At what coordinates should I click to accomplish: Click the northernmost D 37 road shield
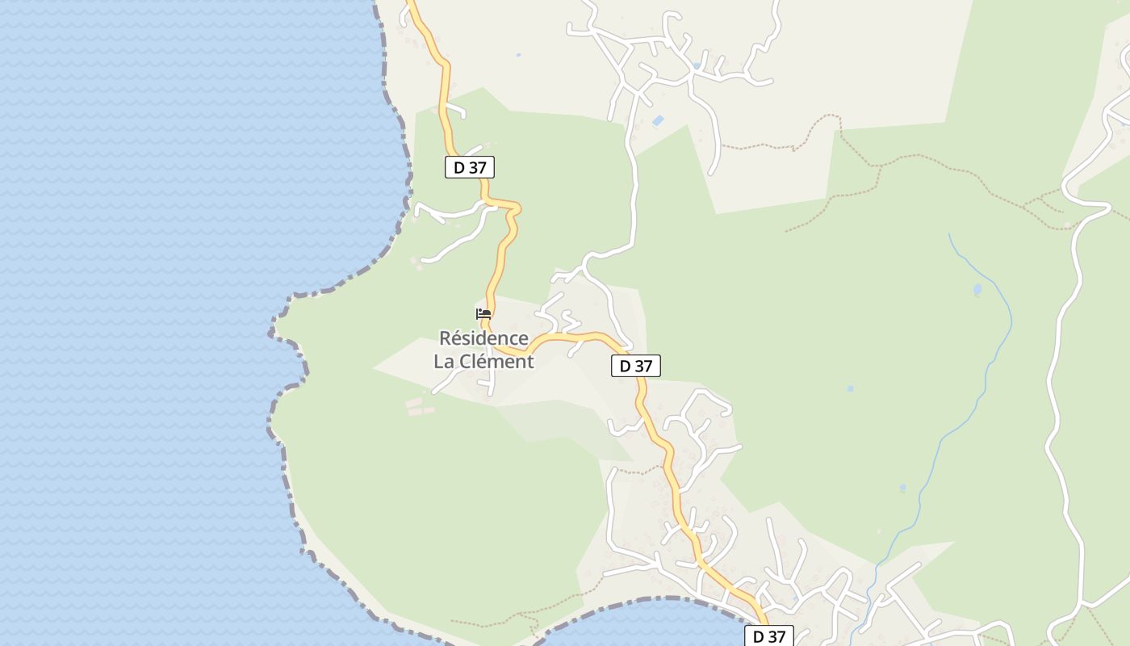pos(469,167)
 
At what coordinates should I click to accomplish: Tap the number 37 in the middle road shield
pos(642,366)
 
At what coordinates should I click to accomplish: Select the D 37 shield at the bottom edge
pos(768,636)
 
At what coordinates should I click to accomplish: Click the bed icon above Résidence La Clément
pos(483,314)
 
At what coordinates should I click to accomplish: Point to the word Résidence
pos(483,338)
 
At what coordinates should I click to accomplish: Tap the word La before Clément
pos(444,361)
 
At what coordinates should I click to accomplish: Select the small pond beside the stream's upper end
pos(977,289)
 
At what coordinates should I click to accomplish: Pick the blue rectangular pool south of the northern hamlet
pos(658,121)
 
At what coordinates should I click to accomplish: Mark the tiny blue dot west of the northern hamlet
pos(518,55)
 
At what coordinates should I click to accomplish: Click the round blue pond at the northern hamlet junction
pos(696,65)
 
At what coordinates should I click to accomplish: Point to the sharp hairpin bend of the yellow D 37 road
pos(515,209)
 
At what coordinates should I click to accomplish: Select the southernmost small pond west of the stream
pos(902,488)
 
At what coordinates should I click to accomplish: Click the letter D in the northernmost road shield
pos(458,167)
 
